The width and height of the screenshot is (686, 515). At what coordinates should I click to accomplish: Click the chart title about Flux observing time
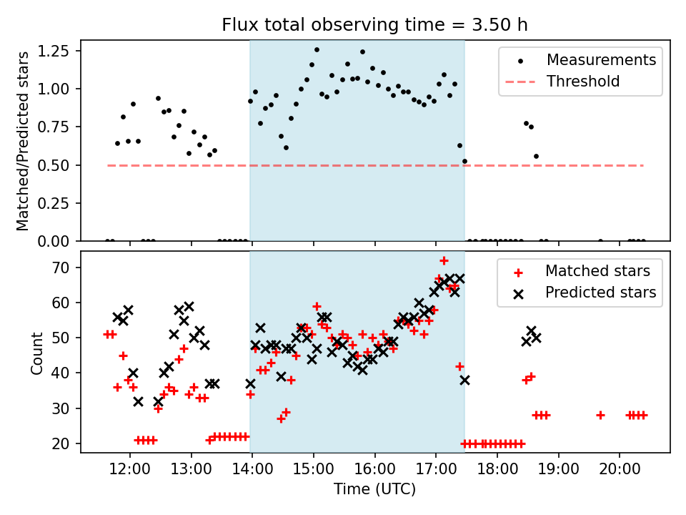374,26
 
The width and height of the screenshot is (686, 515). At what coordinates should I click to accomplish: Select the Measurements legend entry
601,59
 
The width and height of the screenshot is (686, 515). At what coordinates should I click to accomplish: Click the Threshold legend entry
583,81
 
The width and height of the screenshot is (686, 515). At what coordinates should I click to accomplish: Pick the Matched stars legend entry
597,271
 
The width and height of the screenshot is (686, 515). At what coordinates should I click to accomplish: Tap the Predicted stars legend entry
600,292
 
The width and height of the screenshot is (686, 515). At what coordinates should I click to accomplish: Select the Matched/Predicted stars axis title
24,141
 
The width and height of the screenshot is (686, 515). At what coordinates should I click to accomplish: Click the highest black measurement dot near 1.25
317,50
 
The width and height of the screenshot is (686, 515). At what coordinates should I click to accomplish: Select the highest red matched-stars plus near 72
444,260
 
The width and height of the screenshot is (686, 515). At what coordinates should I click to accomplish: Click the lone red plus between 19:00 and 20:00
600,415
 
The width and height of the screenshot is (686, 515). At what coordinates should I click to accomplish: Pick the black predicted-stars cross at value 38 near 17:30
464,380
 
